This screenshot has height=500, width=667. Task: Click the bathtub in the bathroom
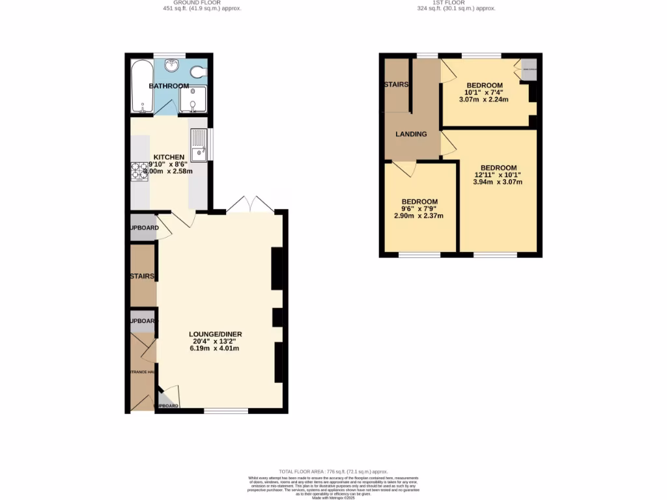coord(142,87)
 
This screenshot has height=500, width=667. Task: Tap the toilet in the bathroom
coord(198,72)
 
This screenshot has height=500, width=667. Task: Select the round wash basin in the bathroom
coord(173,65)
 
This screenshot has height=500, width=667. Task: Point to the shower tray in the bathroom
coord(193,101)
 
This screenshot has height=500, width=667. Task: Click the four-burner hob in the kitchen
coord(139,171)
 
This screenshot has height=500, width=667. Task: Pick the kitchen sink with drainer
coord(198,145)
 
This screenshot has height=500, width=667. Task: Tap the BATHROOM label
coord(169,86)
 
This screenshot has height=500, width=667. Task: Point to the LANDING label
coord(411,134)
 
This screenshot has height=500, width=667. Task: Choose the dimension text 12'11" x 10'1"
coord(497,174)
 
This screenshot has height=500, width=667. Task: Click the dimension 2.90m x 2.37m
coord(419,215)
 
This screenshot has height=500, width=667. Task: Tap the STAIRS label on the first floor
coord(395,85)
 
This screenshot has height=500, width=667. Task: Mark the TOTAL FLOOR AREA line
coord(333,471)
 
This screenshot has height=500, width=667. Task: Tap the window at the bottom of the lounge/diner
coord(226,411)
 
